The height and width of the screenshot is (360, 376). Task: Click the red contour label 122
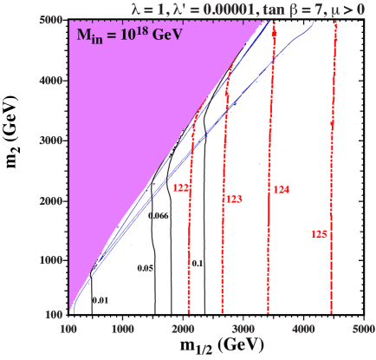coord(181,187)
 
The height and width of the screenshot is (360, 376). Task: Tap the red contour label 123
coord(234,200)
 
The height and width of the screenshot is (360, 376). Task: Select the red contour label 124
coord(281,189)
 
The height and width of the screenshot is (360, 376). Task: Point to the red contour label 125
coord(318,234)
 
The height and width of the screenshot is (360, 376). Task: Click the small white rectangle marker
coord(273,254)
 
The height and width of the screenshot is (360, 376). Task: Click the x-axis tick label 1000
coord(122,331)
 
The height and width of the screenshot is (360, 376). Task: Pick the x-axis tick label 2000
coord(183,331)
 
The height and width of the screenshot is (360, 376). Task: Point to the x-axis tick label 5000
coord(363,331)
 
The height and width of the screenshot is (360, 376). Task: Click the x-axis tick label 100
coord(68,331)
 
